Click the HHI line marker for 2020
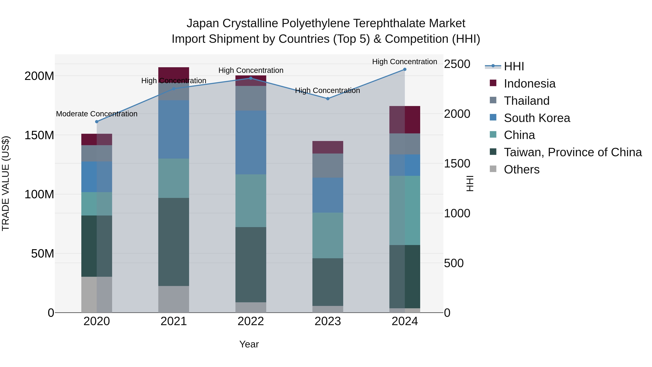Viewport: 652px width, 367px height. tap(97, 122)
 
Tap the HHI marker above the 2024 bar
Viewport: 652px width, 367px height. tap(405, 69)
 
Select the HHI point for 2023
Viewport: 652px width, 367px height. tap(328, 99)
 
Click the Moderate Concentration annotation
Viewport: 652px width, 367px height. tap(97, 114)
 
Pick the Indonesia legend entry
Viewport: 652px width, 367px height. tap(530, 84)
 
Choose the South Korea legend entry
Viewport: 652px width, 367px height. tap(537, 118)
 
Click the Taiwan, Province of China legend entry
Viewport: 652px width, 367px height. tap(572, 152)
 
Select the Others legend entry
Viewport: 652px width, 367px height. tap(521, 169)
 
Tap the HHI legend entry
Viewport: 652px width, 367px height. tap(514, 66)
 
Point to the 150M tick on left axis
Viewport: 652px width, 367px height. tap(39, 135)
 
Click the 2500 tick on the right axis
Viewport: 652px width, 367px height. tap(457, 64)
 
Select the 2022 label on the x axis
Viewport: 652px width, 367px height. tap(251, 321)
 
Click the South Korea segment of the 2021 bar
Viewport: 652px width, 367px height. tap(174, 129)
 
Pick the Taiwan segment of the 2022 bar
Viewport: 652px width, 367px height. tap(251, 264)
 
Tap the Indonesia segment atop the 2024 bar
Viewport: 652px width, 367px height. tap(405, 120)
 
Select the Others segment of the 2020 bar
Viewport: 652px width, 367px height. tap(97, 294)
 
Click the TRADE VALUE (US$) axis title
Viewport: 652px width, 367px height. tap(6, 183)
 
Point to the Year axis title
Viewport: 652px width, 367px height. tap(249, 344)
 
